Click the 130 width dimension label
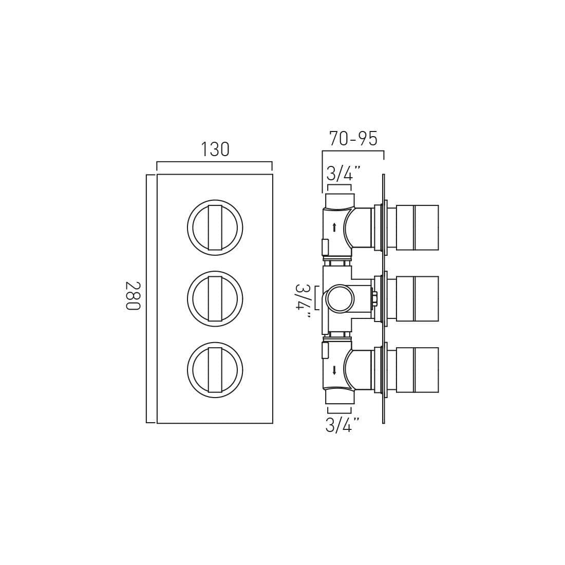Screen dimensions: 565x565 (x=215, y=149)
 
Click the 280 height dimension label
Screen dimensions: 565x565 (x=132, y=296)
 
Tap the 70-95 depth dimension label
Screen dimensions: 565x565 (x=353, y=138)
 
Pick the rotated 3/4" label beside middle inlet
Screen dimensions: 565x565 (x=304, y=300)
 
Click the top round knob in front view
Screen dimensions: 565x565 (x=215, y=228)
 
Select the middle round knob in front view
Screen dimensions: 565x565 (x=215, y=299)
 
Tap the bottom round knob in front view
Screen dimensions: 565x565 (x=215, y=370)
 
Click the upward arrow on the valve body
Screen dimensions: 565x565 (x=334, y=227)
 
